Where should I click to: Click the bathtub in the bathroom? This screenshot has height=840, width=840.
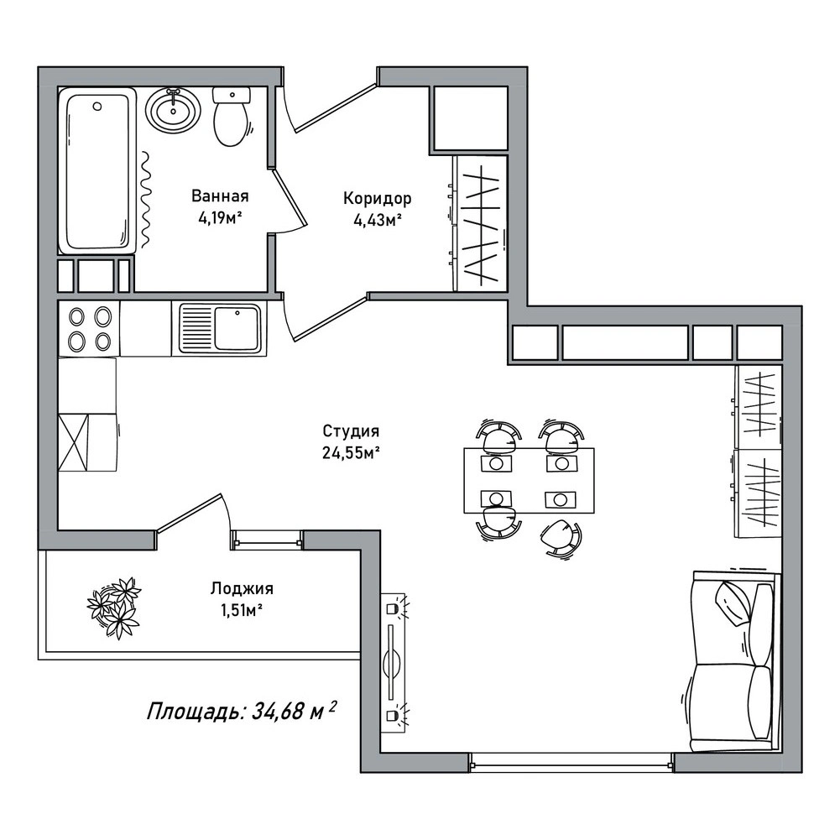pos(97,170)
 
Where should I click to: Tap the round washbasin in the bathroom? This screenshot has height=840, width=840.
pos(173,111)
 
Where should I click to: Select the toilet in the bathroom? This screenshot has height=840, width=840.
pos(232,117)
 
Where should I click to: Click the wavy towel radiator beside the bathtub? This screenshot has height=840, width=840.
pos(146,201)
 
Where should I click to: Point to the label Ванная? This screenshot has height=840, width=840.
pos(220,196)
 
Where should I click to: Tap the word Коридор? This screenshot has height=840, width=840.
pos(377,199)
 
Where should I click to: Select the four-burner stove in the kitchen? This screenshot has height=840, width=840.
pos(89,328)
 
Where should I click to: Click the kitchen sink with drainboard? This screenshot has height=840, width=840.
pos(220,328)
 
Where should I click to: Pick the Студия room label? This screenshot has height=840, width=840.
pos(351,430)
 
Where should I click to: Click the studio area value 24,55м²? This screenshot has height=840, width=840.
pos(351,453)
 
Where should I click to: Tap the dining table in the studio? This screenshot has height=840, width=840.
pos(529,480)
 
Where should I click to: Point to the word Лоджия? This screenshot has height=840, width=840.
pos(242,589)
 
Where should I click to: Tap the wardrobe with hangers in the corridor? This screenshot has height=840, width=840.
pos(480,223)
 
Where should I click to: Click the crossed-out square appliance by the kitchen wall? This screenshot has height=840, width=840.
pos(72,442)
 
